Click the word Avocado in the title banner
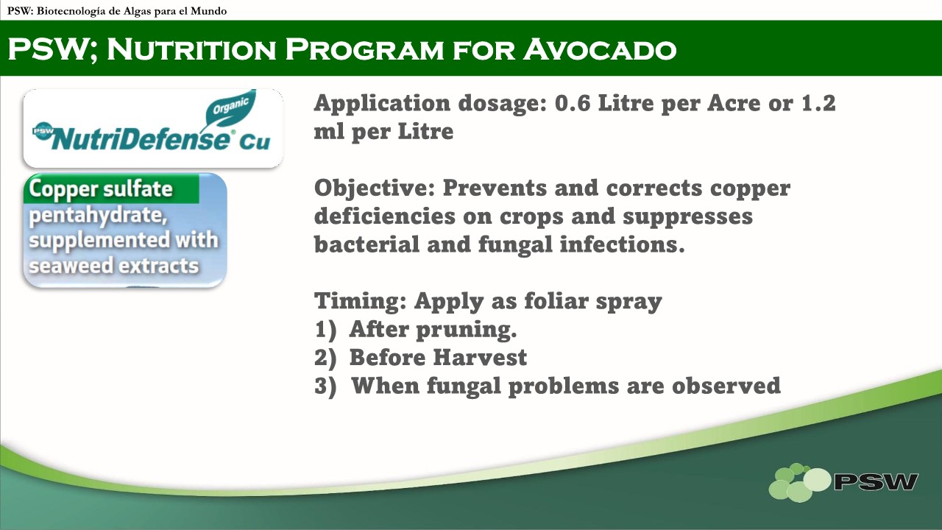pos(600,49)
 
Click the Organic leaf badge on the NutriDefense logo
pos(230,108)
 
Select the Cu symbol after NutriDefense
pos(255,142)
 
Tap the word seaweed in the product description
pos(70,266)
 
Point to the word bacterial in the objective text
pos(366,244)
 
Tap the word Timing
pos(361,302)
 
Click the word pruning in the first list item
pos(467,331)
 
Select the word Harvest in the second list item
pos(480,358)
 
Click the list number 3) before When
pos(325,386)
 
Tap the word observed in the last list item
pos(726,386)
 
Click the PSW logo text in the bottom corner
pos(876,481)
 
